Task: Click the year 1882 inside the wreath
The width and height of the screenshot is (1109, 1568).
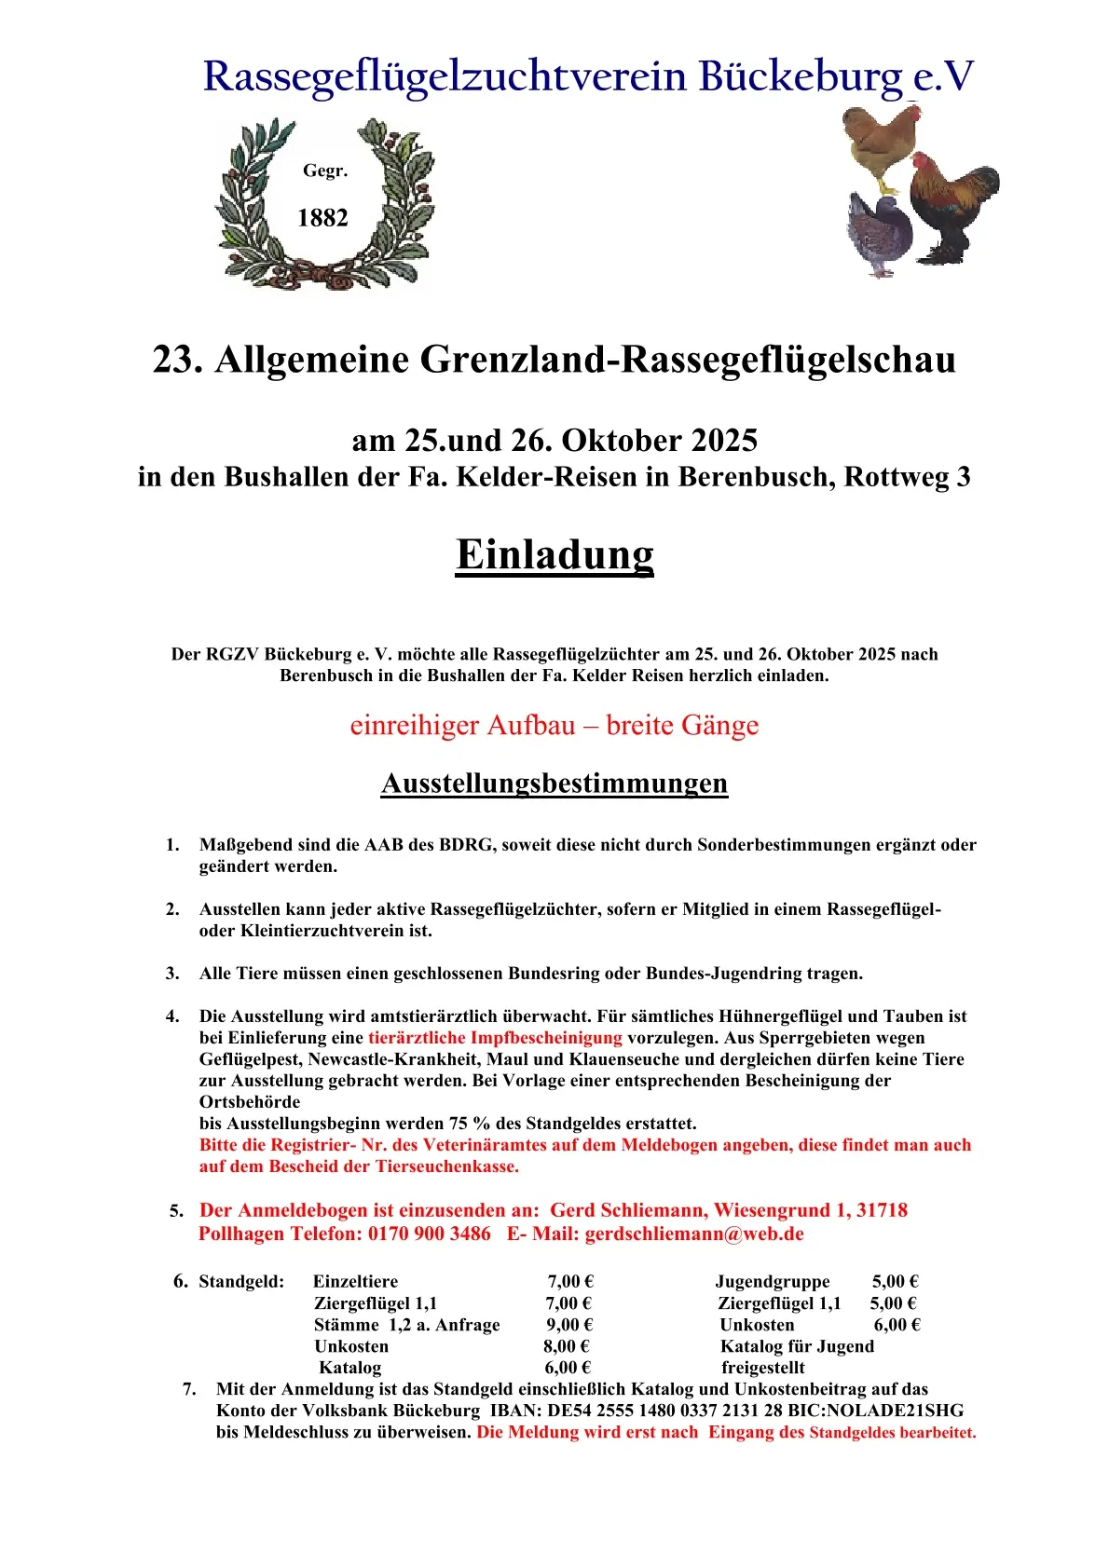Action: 322,218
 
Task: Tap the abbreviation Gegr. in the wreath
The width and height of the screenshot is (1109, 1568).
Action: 325,170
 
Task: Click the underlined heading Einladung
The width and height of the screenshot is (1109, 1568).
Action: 554,554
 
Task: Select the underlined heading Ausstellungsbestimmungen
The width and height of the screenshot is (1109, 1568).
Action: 554,784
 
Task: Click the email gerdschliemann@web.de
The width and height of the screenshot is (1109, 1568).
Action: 694,1234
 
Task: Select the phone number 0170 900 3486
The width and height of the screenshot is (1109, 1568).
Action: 430,1234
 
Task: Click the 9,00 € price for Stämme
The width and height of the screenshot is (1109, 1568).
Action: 569,1325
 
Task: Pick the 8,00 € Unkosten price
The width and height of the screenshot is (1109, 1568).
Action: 567,1346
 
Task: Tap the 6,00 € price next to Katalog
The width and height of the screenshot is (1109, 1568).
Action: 568,1368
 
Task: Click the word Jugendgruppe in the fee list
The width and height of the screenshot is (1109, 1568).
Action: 773,1282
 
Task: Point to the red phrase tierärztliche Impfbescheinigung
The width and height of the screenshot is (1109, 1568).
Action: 495,1038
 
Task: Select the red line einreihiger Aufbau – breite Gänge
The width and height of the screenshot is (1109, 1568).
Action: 554,725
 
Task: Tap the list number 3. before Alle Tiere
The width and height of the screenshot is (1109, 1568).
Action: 172,974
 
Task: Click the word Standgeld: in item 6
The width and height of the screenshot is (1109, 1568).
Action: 241,1282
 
